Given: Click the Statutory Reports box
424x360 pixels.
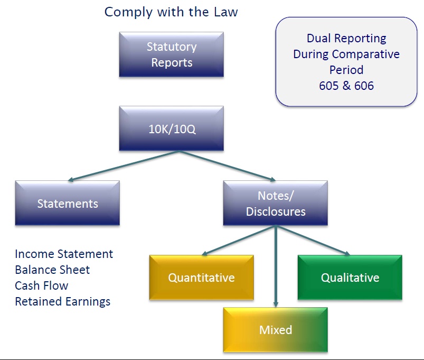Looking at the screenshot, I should pyautogui.click(x=171, y=54).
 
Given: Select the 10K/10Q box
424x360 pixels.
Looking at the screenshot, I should pyautogui.click(x=171, y=128).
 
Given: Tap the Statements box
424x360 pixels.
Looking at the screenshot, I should pyautogui.click(x=67, y=204).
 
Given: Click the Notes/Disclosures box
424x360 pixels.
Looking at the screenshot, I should pyautogui.click(x=275, y=204).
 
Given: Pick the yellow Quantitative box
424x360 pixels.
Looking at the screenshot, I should pyautogui.click(x=201, y=278).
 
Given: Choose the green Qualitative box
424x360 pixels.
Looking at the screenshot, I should pyautogui.click(x=350, y=278).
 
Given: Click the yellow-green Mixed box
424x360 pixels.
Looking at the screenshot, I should pyautogui.click(x=275, y=330).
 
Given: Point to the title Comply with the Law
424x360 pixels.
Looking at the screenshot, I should pyautogui.click(x=171, y=12).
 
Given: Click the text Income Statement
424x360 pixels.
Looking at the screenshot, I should pyautogui.click(x=64, y=254).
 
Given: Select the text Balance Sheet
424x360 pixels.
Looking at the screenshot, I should pyautogui.click(x=52, y=270).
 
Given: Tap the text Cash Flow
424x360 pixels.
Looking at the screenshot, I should pyautogui.click(x=41, y=285).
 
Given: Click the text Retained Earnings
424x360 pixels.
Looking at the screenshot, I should pyautogui.click(x=63, y=301).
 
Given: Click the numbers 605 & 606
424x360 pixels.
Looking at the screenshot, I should pyautogui.click(x=346, y=86).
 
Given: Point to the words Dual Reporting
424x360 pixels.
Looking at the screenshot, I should pyautogui.click(x=346, y=38).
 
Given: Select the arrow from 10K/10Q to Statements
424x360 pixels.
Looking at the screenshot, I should pyautogui.click(x=124, y=166).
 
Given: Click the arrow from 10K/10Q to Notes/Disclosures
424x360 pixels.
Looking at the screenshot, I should pyautogui.click(x=227, y=166).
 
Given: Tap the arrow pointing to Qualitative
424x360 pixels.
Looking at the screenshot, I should pyautogui.click(x=313, y=241).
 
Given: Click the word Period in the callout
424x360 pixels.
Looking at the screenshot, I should pyautogui.click(x=346, y=70).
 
